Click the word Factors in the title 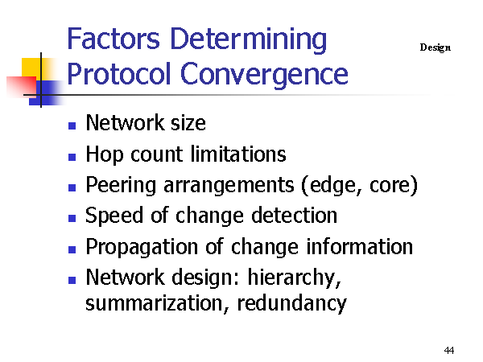[113, 39]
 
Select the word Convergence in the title [264, 74]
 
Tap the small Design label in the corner [435, 47]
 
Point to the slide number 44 [449, 350]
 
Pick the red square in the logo [22, 87]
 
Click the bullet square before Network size [72, 125]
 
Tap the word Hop [105, 154]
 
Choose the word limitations [238, 154]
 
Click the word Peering [121, 185]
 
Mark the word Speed [114, 216]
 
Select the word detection [294, 215]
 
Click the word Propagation [142, 247]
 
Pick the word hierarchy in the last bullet [294, 278]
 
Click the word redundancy [292, 304]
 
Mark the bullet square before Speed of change [72, 218]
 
